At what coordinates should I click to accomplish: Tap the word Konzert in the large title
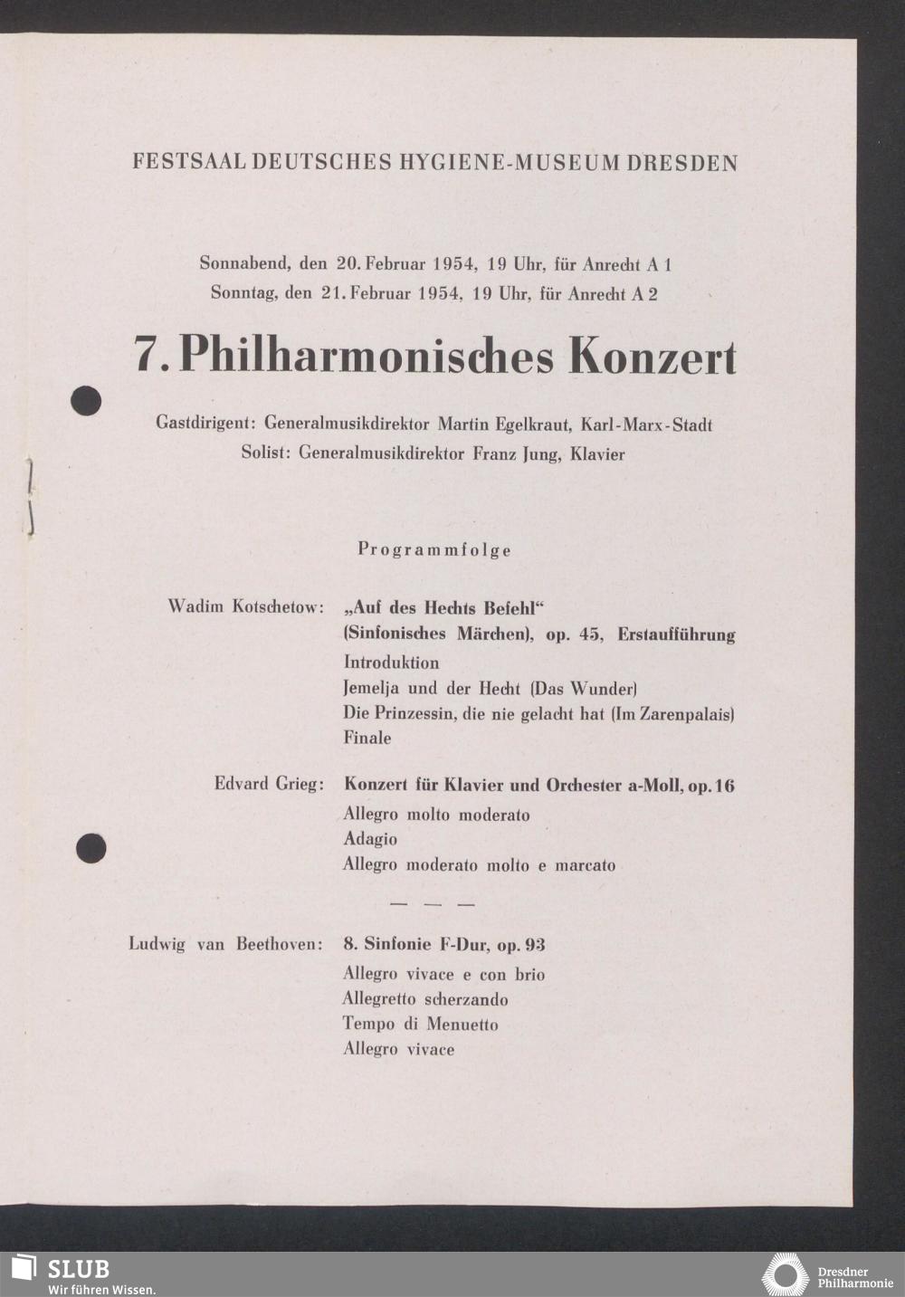(x=652, y=357)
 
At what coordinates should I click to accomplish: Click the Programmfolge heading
(x=434, y=549)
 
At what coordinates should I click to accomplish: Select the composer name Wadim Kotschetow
(x=244, y=606)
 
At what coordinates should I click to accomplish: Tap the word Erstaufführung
(x=676, y=635)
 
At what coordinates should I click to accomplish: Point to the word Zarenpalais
(x=685, y=714)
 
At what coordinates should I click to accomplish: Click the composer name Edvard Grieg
(x=268, y=784)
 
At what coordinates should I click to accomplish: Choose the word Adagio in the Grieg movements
(x=370, y=839)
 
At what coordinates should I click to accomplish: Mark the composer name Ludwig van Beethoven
(x=224, y=945)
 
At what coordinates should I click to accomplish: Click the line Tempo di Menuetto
(x=420, y=1025)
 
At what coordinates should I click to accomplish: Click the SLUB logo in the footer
(x=62, y=1273)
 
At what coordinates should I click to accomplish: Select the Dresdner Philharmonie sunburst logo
(x=785, y=1274)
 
